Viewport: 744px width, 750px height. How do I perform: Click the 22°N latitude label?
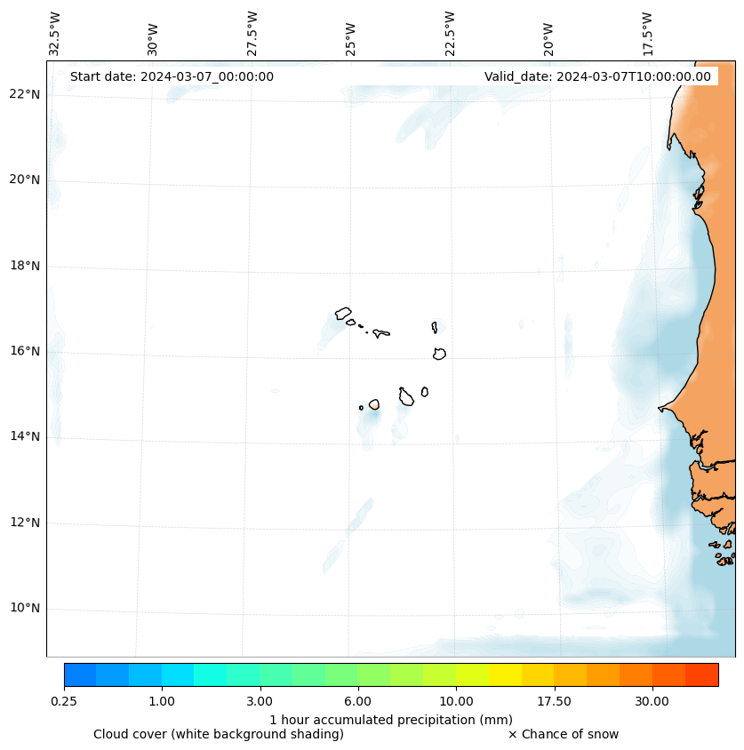[x=25, y=94]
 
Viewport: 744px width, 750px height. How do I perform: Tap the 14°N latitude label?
[x=25, y=436]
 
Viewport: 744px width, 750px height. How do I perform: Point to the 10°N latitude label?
[x=25, y=609]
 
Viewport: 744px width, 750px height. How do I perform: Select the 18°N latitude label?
[x=25, y=266]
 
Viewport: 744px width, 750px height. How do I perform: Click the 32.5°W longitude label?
[x=55, y=34]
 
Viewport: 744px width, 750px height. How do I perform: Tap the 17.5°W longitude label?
[x=647, y=34]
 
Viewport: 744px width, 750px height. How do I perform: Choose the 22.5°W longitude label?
[x=450, y=34]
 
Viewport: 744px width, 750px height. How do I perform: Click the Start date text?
[x=172, y=76]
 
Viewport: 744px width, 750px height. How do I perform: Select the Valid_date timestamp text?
[x=597, y=76]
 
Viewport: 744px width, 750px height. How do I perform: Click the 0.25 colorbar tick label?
[x=64, y=701]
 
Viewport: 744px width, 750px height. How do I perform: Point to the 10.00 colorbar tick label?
[x=456, y=701]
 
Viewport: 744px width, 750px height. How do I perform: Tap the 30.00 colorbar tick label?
[x=652, y=701]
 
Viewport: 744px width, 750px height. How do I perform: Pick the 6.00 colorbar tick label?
[x=358, y=701]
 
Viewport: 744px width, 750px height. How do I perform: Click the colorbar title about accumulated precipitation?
[x=391, y=719]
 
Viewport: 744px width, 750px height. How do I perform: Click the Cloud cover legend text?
[x=219, y=734]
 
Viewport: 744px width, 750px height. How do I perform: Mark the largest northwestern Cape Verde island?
[x=343, y=313]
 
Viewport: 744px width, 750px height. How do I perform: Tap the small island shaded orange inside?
[x=374, y=404]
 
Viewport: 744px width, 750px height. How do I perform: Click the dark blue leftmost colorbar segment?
[x=80, y=674]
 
